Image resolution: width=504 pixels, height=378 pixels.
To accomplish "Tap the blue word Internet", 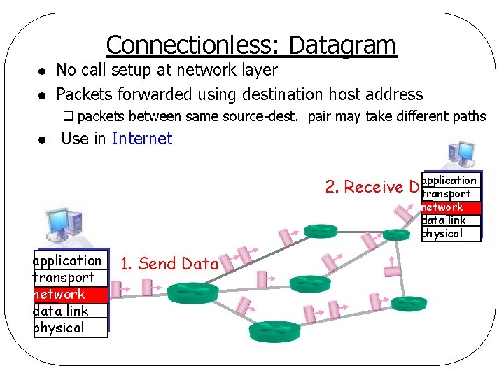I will (141, 139).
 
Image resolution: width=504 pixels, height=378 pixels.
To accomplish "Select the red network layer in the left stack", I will (71, 295).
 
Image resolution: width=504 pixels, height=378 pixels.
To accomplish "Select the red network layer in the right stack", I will (451, 207).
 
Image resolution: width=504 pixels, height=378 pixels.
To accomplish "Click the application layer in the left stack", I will (71, 261).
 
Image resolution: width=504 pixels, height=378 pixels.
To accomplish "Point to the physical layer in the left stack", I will (71, 328).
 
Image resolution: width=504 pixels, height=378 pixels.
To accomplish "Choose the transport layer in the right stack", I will (451, 194).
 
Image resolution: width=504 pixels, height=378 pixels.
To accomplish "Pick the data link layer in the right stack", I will (451, 220).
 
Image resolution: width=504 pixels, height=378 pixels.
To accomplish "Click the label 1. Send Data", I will (169, 264).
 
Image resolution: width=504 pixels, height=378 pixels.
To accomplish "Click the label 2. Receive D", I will (372, 187).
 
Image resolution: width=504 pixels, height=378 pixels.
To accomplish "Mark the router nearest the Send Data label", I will (188, 289).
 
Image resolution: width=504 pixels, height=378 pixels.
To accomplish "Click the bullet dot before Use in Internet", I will (43, 140).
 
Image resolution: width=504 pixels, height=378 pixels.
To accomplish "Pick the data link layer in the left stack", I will (71, 311).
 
